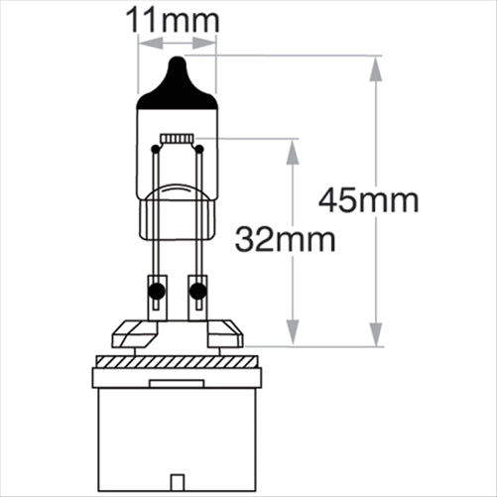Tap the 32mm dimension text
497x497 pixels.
pos(285,239)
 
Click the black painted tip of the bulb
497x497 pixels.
pos(176,83)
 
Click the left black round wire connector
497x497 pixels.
pos(155,292)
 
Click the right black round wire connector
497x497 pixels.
pos(197,292)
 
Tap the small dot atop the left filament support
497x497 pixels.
pos(154,150)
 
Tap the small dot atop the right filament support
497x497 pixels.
pos(199,150)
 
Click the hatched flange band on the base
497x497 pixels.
pos(176,378)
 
